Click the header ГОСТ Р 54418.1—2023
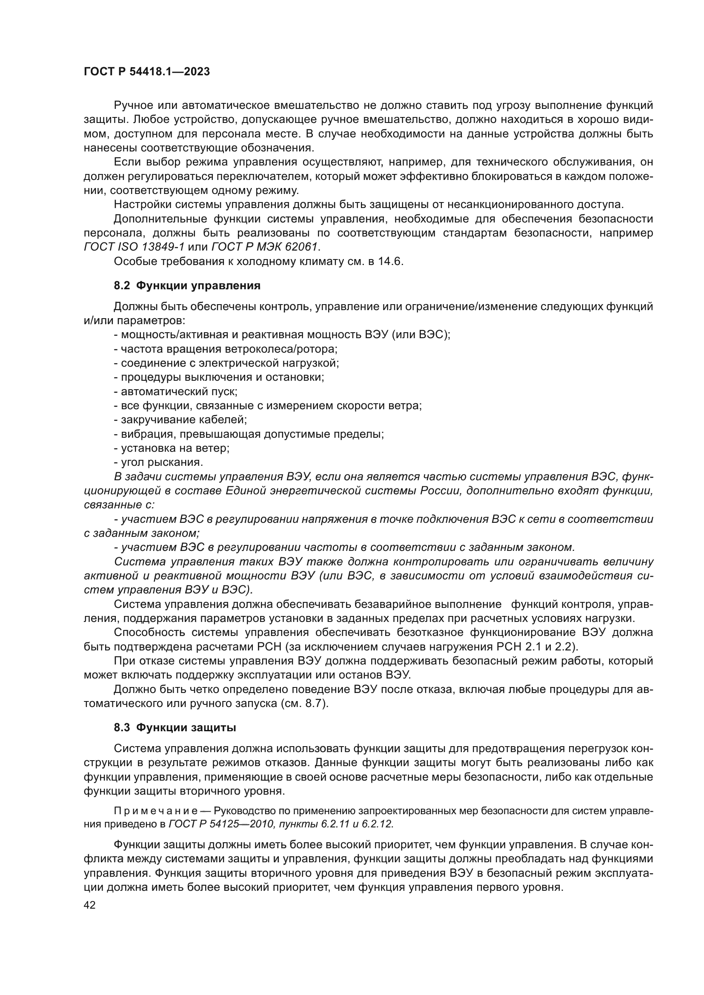coord(146,71)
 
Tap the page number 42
coord(90,905)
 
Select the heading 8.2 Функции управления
coord(187,285)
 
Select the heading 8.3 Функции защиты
coord(175,727)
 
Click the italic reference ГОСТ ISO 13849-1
coord(134,247)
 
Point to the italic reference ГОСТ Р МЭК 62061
coord(265,247)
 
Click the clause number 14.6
coord(390,261)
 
